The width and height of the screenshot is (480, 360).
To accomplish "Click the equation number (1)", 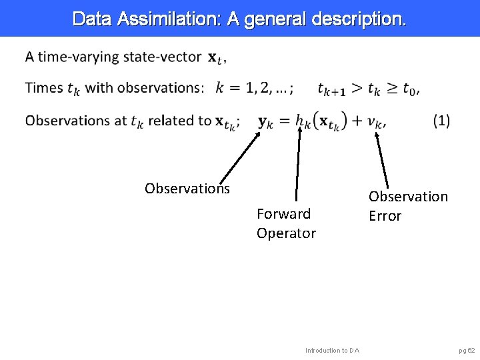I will (441, 121).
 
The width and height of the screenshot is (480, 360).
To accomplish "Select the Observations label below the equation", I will (187, 189).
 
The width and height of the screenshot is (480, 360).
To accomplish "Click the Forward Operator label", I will (286, 223).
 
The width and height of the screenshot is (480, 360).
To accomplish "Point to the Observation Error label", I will (408, 206).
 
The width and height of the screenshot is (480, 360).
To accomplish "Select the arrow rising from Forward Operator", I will (298, 164).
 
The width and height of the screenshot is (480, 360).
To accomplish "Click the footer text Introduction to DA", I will (332, 350).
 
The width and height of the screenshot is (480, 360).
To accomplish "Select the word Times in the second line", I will (44, 88).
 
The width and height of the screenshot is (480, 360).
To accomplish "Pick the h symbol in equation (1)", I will (301, 121).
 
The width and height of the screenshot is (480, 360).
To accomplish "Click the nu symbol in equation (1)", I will (375, 122).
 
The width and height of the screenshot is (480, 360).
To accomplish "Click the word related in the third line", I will (173, 121).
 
